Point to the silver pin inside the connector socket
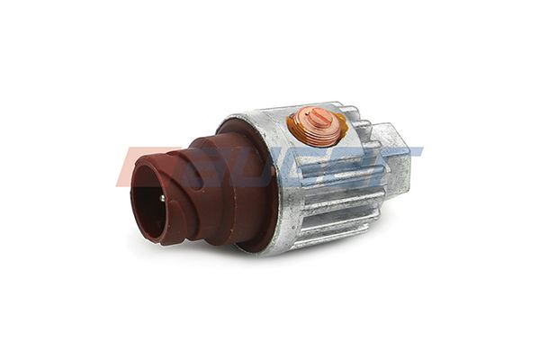pos(161,197)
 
